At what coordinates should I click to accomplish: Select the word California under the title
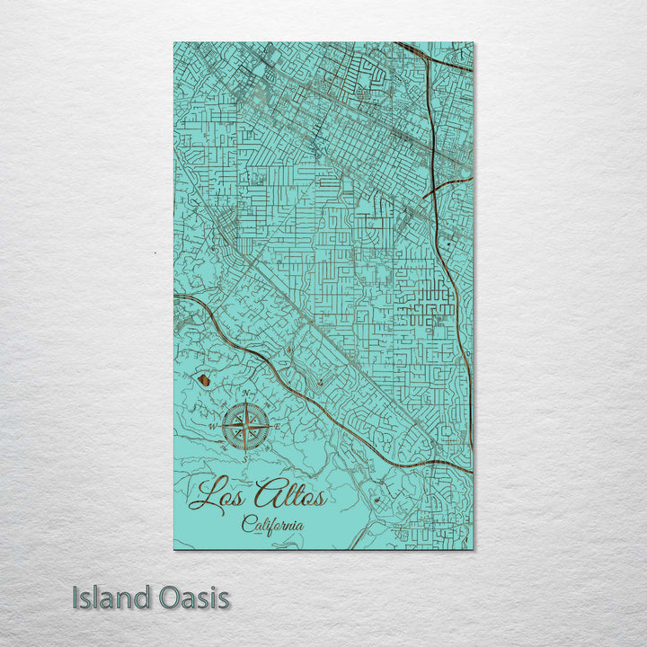coord(272,524)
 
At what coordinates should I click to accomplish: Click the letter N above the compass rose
coord(245,394)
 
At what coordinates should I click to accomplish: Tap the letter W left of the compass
coord(213,426)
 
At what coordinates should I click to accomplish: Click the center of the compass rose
coord(245,425)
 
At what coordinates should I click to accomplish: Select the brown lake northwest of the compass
coord(205,380)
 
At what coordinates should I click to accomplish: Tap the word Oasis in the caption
coord(195,598)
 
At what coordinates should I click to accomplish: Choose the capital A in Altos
coord(268,493)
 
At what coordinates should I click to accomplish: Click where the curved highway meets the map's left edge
coord(175,296)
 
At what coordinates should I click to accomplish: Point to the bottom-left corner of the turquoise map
coord(174,548)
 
